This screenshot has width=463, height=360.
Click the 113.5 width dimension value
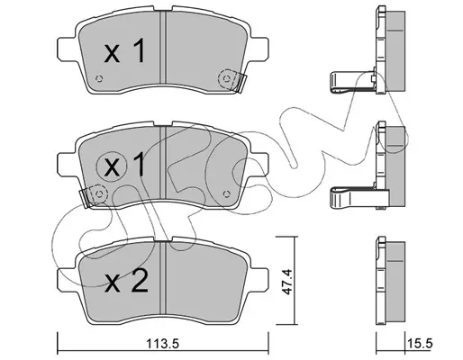click(x=162, y=344)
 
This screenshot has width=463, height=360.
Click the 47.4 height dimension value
click(x=286, y=282)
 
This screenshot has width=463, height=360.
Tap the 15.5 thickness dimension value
click(x=420, y=344)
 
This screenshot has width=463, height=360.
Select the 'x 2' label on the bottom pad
click(x=126, y=280)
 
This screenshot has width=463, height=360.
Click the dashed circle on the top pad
click(x=227, y=79)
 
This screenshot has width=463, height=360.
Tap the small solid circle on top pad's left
click(x=99, y=79)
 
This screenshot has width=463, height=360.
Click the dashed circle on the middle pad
click(x=99, y=194)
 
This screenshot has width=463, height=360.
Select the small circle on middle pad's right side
click(x=227, y=193)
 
